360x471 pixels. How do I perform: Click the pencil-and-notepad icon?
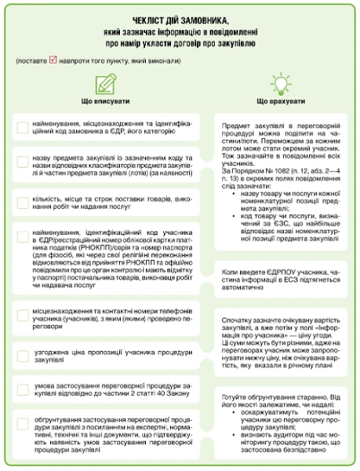click(105, 85)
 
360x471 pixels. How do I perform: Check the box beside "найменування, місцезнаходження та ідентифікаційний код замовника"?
click(24, 129)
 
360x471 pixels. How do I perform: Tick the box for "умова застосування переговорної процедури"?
click(24, 368)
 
